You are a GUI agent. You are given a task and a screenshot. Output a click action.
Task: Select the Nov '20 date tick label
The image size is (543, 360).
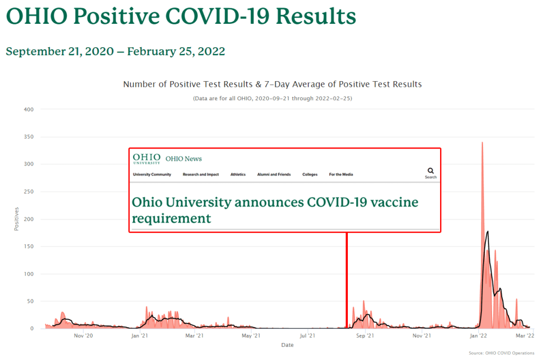coord(83,336)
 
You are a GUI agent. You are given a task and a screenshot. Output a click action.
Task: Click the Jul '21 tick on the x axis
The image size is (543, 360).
coord(308,336)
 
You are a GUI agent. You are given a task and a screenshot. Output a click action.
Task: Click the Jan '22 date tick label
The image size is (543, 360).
coord(479,336)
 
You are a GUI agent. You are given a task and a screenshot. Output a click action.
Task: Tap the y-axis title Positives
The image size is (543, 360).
coord(16,219)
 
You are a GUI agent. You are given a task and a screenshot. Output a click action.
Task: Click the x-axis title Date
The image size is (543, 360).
coord(287,345)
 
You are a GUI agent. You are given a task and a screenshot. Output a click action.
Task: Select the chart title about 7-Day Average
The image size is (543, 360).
coord(272,84)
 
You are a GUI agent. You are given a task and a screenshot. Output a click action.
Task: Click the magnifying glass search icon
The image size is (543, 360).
coord(431,171)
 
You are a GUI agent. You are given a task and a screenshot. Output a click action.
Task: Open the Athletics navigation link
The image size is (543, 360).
coord(238,174)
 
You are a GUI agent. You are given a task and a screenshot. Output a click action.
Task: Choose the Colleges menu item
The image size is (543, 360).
coord(310,174)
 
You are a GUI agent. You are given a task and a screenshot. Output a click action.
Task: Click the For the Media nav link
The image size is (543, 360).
coord(340,174)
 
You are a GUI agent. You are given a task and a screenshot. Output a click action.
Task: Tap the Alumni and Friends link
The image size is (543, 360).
coord(274,174)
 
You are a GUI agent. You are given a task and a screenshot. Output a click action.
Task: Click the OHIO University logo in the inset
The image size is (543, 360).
coord(146,159)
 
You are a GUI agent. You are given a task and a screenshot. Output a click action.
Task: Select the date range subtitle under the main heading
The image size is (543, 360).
coord(115,51)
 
